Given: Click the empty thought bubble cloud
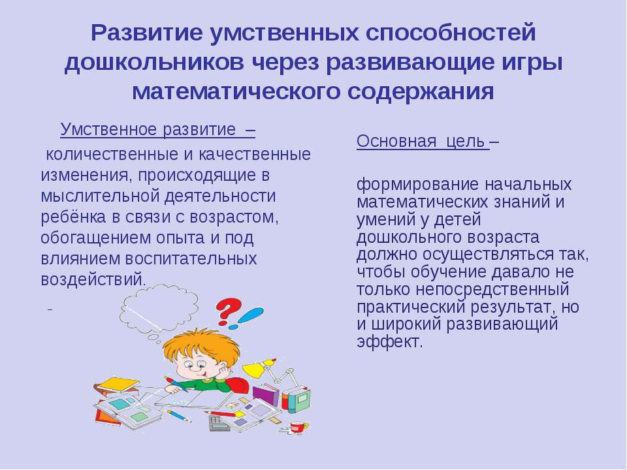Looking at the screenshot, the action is point(159,307).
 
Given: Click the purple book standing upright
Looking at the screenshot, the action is point(266,396).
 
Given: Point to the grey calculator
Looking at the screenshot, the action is point(218,424).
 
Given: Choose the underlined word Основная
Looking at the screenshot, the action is point(396,142).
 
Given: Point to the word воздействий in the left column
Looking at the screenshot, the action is point(92,279).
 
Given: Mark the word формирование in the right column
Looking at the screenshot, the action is point(417,185).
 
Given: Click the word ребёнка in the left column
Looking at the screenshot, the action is point(74,217).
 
